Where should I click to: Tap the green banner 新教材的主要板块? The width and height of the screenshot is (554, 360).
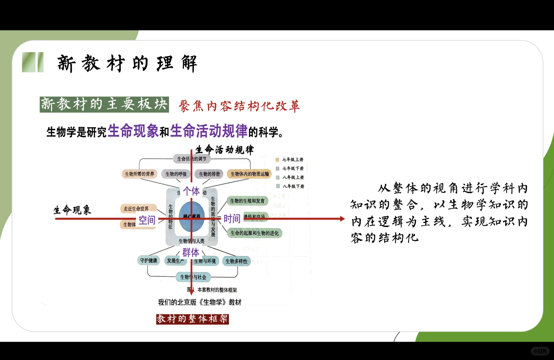pos(104,105)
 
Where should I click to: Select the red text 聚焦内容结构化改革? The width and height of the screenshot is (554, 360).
pos(239,106)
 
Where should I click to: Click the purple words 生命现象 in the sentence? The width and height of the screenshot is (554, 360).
pos(133,131)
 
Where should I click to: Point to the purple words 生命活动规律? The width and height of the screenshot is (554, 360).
pos(209,131)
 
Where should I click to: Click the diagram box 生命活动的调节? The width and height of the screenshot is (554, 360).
pos(192,159)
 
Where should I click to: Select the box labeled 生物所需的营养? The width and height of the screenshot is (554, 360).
pos(139,174)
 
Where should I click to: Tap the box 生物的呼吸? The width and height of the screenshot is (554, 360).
pos(176,174)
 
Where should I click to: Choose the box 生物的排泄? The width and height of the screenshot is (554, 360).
pos(209,174)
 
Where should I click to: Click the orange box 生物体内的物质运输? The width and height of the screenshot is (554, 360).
pos(250,174)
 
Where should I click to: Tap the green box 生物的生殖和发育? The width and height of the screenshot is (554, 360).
pos(247,201)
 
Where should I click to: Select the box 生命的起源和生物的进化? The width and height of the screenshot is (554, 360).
pos(255,233)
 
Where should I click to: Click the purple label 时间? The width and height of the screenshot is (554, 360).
pos(232,219)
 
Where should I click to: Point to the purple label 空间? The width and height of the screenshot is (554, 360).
pos(147,220)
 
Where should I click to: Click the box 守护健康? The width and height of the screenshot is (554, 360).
pos(149,261)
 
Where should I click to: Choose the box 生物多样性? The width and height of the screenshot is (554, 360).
pos(237,261)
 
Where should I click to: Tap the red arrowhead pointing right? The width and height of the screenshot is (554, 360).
pos(342,219)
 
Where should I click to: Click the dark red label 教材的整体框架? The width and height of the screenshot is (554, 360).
pos(192,319)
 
